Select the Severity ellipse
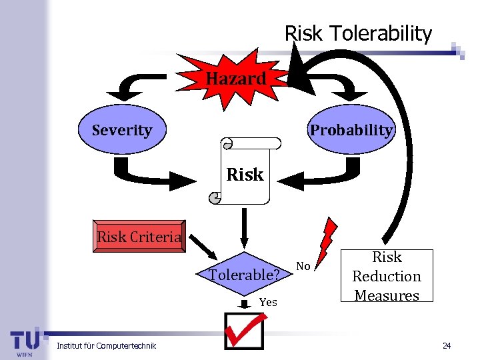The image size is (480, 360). tap(121, 130)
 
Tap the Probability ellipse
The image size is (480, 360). tap(351, 130)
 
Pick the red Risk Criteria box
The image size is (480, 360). tap(139, 237)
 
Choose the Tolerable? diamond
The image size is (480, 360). tap(244, 274)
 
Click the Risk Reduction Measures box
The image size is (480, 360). tap(387, 276)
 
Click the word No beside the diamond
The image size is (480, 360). tap(303, 267)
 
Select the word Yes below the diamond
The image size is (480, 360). tap(268, 302)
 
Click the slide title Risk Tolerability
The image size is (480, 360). tap(358, 33)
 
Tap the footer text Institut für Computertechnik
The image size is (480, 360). tap(107, 345)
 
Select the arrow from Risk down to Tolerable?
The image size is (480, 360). tap(245, 227)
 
